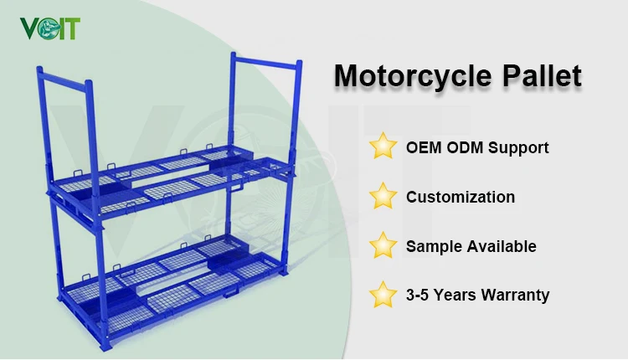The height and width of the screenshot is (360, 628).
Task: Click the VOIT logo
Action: click(51, 28)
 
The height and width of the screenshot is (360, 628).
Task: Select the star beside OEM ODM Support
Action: click(383, 147)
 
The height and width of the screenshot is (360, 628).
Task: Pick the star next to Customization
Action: click(383, 197)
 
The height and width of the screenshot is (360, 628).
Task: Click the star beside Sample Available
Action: click(383, 245)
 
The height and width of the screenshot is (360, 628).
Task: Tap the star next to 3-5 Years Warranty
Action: click(383, 294)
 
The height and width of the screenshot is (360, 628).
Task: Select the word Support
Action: click(518, 148)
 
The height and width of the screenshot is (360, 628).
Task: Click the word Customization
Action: click(461, 198)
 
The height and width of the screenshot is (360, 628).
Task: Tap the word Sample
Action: click(432, 246)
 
